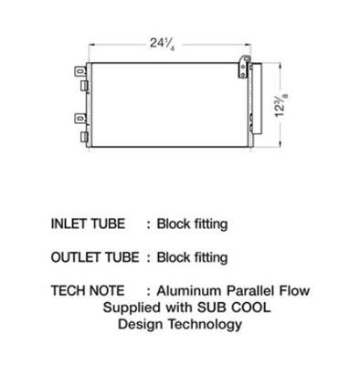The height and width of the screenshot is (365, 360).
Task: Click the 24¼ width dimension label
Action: (x=162, y=44)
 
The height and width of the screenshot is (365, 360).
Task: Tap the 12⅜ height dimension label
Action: (x=281, y=105)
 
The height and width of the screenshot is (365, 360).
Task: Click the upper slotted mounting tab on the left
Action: (x=80, y=71)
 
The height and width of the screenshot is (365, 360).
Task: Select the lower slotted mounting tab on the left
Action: (x=80, y=118)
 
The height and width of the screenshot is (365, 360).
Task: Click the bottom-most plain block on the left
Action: (x=84, y=137)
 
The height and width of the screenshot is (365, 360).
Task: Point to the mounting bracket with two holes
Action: (x=243, y=68)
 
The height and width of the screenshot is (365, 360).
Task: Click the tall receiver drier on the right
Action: (x=257, y=99)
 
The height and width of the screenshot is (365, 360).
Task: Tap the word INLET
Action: (x=69, y=224)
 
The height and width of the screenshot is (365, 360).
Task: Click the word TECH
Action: (x=68, y=291)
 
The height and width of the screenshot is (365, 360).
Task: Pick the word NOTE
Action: (x=106, y=291)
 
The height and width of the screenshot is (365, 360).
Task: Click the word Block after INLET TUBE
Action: (x=174, y=224)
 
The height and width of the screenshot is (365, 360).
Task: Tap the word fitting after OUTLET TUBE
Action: (x=211, y=258)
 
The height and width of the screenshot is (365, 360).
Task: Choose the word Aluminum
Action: (x=189, y=291)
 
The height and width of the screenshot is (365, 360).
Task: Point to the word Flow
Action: (x=294, y=291)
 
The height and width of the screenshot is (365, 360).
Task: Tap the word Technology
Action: (x=206, y=325)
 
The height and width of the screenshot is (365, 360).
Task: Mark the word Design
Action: (x=142, y=325)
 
